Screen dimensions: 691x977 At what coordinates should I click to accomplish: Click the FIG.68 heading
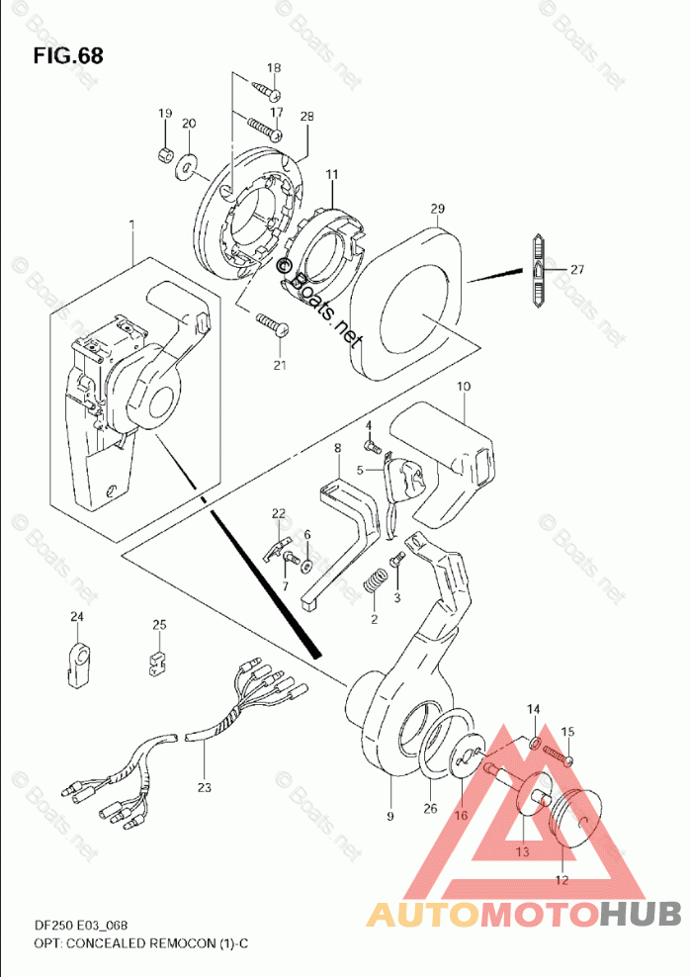tap(68, 55)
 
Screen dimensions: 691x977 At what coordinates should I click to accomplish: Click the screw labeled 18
tap(267, 90)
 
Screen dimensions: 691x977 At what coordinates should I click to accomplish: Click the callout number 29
tap(437, 208)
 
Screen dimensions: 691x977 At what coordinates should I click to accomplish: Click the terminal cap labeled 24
tap(77, 666)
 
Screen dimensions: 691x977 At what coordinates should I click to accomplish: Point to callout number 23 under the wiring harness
tap(205, 787)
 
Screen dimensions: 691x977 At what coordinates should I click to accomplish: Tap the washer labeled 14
tap(535, 743)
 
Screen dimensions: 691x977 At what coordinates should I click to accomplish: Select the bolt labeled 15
tap(559, 755)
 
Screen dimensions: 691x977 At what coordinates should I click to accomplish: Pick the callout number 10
tap(464, 387)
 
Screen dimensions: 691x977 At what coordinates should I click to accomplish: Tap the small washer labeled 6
tap(306, 567)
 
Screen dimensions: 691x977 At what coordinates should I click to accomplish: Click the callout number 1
tap(131, 224)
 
